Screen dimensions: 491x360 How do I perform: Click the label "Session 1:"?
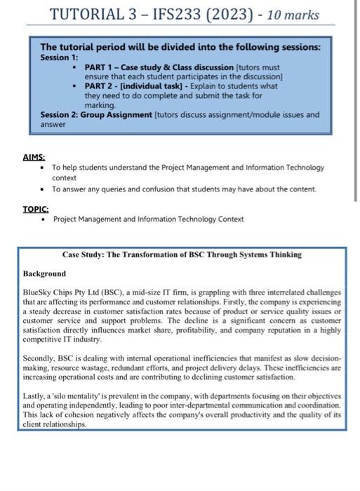pyautogui.click(x=60, y=57)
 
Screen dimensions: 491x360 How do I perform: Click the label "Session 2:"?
pyautogui.click(x=60, y=114)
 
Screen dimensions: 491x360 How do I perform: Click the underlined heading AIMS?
pyautogui.click(x=34, y=158)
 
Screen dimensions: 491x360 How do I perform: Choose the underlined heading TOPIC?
pyautogui.click(x=36, y=208)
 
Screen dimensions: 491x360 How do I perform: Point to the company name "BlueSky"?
pyautogui.click(x=40, y=290)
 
